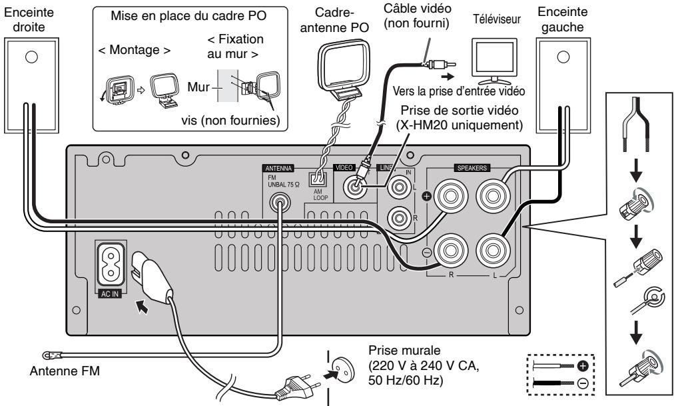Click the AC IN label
110,294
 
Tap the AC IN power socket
111,265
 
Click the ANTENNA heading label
278,168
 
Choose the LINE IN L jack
399,187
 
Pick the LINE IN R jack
399,218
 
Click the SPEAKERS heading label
472,168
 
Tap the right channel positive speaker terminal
450,196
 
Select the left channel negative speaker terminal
493,250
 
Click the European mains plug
298,387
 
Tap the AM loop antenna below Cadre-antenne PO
344,69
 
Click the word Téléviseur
497,19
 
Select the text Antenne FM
65,371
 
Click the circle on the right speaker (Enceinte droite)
31,57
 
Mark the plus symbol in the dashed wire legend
583,366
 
